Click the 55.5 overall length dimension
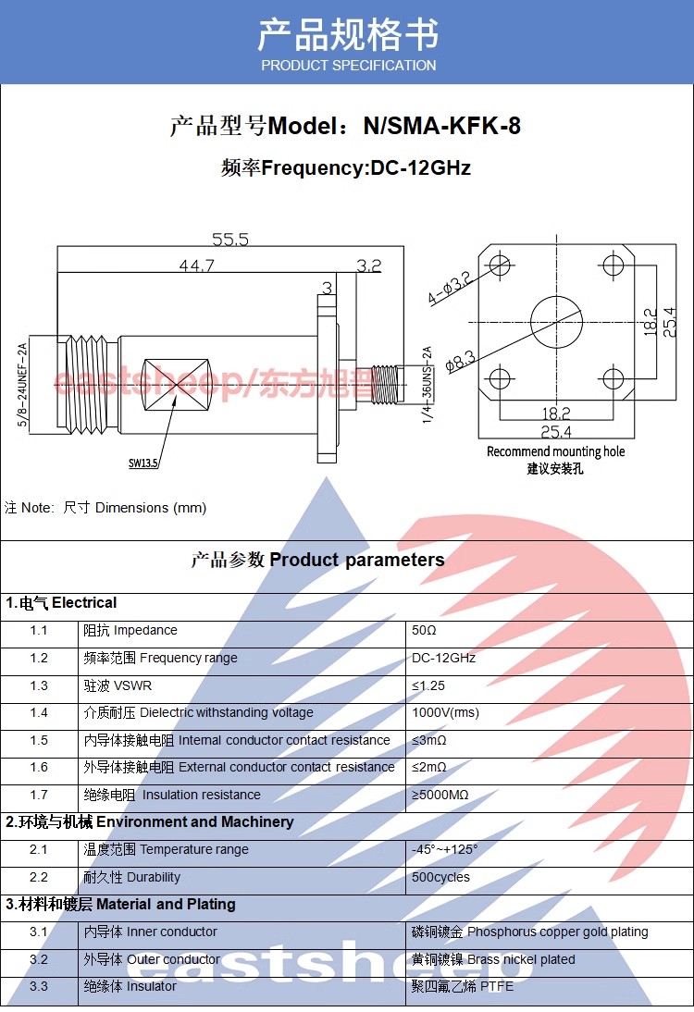coord(230,239)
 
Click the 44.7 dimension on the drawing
coord(196,265)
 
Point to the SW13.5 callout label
coord(143,463)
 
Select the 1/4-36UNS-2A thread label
coord(427,386)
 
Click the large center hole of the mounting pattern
coord(556,322)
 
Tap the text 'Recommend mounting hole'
coord(555,451)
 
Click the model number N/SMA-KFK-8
coord(442,126)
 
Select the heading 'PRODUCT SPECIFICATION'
coord(348,66)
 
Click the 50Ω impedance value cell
coord(424,631)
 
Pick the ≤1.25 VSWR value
coord(428,685)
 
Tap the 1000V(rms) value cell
coord(445,713)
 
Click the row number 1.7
coord(38,795)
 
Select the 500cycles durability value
coord(440,877)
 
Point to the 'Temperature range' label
coord(194,849)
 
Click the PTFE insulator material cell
coord(462,986)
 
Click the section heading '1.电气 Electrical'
coord(61,603)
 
